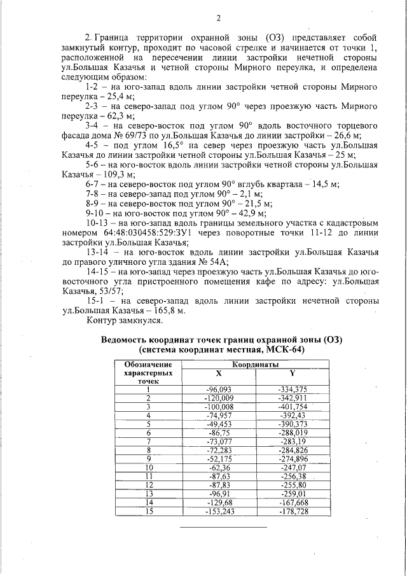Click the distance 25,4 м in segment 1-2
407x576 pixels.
click(x=112, y=96)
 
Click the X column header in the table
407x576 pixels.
click(x=218, y=374)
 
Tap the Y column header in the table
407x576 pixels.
click(x=292, y=374)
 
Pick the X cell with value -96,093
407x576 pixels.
click(x=218, y=390)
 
